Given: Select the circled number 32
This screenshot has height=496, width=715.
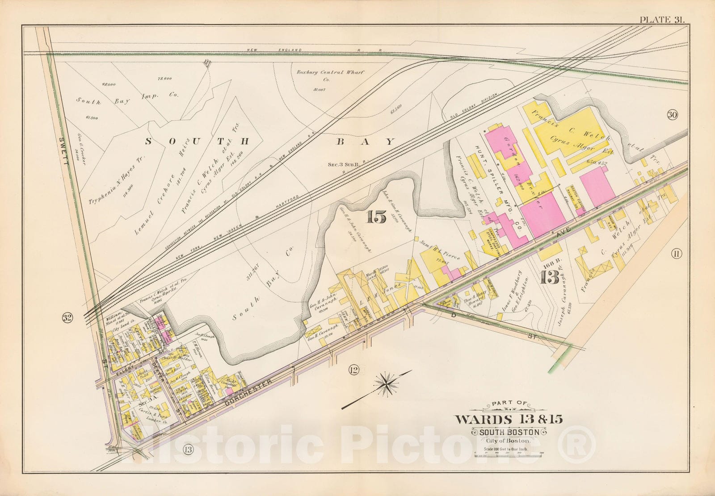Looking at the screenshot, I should click(x=67, y=318).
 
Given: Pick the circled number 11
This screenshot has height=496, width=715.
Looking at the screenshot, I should click(x=676, y=254).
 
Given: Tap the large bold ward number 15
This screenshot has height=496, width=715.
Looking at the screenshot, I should click(x=376, y=217).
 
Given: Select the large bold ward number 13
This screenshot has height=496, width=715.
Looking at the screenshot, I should click(x=550, y=278).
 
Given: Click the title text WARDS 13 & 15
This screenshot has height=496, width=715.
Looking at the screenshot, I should click(x=509, y=419).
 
